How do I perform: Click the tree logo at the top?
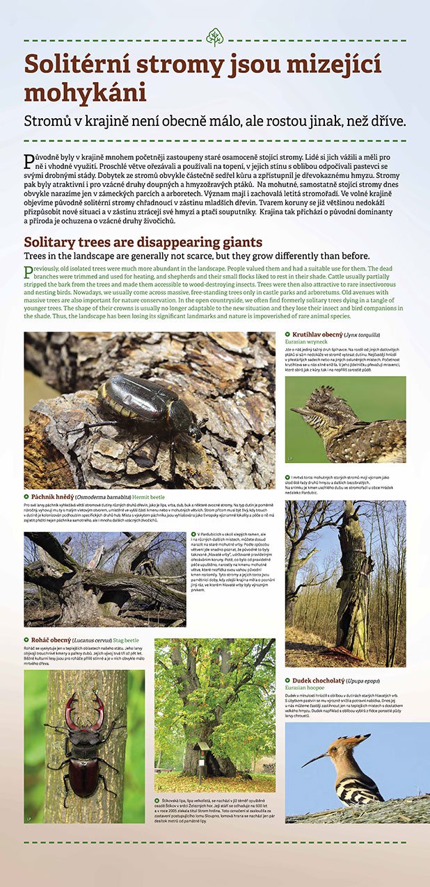click(x=215, y=36)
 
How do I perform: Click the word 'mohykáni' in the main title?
click(x=85, y=93)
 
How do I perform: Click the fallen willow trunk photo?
click(x=104, y=579)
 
